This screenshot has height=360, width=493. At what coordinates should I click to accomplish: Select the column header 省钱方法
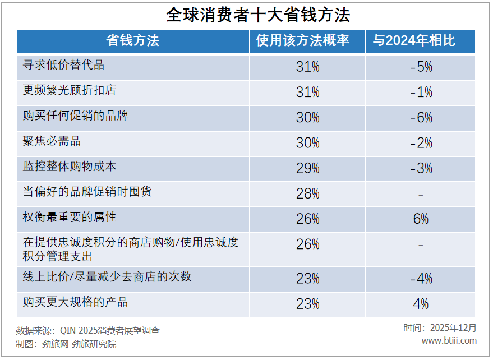(133, 41)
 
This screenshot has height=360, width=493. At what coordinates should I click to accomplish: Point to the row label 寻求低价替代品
(63, 65)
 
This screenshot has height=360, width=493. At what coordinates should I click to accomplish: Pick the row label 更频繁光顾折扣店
(70, 90)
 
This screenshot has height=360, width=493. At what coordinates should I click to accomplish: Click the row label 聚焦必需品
(52, 141)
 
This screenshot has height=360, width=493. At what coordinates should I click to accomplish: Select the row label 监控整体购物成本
(70, 167)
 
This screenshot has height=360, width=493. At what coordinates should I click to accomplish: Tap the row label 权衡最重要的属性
(70, 218)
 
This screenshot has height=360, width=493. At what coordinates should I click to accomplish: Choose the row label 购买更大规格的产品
(75, 303)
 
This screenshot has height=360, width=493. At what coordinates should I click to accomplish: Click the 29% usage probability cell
(308, 168)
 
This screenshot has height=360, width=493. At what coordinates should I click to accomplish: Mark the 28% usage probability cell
(308, 194)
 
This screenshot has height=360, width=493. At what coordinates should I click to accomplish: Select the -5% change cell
(421, 67)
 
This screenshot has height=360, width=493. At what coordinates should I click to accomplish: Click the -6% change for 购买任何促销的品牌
(421, 118)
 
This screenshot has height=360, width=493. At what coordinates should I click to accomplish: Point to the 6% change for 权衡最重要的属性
(421, 219)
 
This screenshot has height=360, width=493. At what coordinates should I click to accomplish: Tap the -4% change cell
(421, 279)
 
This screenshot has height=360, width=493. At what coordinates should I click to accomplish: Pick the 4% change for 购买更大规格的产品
(421, 304)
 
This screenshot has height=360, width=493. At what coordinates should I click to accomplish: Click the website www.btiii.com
(449, 341)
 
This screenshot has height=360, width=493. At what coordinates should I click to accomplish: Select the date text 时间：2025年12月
(440, 328)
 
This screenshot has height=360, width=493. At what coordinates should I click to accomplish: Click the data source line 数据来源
(88, 331)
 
